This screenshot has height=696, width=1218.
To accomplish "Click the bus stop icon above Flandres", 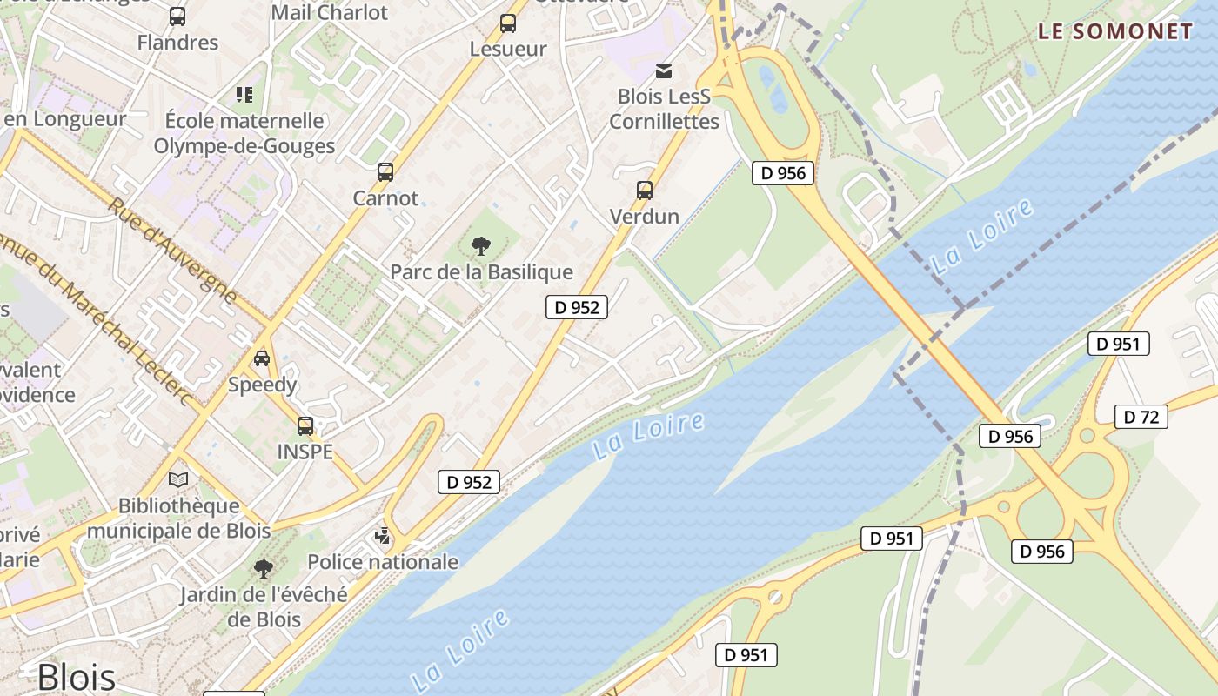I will point(177,17).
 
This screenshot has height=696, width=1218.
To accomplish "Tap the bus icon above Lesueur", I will point(507,23).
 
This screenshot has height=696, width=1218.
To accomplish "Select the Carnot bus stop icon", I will point(385,172).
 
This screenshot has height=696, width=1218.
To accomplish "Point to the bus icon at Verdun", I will point(644,190).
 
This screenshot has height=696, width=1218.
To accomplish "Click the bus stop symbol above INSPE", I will point(304,426).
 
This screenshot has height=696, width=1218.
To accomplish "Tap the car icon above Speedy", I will point(261,358).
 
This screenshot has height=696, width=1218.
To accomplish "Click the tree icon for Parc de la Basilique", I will point(480,246).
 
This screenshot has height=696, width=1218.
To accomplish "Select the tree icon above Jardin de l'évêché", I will point(263,569).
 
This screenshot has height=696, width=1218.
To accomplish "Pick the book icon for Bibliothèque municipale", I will point(178,479).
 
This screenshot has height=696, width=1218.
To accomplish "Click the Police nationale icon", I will point(382,536).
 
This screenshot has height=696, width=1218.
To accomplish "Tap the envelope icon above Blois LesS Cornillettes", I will point(664,70).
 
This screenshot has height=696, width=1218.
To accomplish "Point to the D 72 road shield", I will point(1141,417).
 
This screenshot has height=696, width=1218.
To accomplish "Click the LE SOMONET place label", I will point(1115,32).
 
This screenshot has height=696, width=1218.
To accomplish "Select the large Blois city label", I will point(77,677).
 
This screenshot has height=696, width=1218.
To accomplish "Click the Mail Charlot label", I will point(329,12).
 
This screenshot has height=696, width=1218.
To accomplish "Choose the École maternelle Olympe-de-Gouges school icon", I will point(244,94).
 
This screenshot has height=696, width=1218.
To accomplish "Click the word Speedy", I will point(262,385).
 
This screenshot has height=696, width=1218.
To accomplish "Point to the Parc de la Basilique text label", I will point(481,272).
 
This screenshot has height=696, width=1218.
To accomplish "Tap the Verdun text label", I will point(644,216).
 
